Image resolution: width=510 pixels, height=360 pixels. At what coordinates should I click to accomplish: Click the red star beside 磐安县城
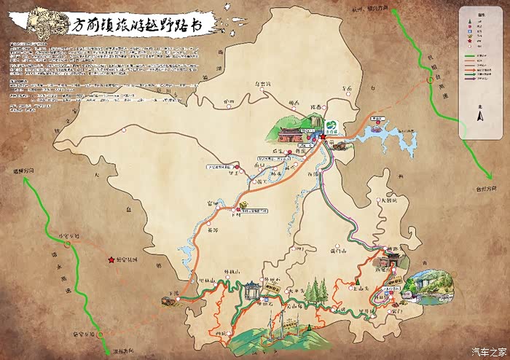coord(111,259)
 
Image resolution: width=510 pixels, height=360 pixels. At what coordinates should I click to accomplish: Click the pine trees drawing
coord(315,291)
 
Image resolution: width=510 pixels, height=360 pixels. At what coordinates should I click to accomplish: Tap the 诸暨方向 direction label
coord(27,171)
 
